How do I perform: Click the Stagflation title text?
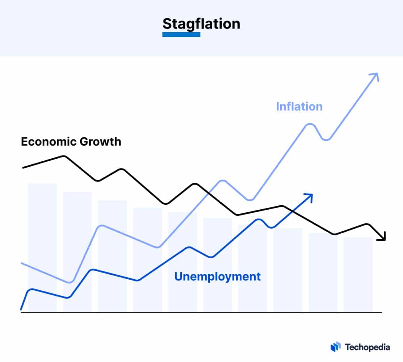(201, 24)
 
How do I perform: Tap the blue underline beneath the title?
(181, 35)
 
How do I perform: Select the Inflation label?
(299, 107)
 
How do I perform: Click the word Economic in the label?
(45, 142)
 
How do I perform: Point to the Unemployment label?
(217, 277)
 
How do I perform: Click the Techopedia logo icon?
(335, 347)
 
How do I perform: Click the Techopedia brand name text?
(367, 347)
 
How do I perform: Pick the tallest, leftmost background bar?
(42, 247)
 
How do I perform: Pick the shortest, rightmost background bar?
(358, 274)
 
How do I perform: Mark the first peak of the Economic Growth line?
(64, 156)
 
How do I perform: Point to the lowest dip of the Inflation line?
(70, 282)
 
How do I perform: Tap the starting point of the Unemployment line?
(21, 309)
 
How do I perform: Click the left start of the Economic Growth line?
(23, 167)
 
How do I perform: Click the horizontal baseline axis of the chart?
(201, 312)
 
